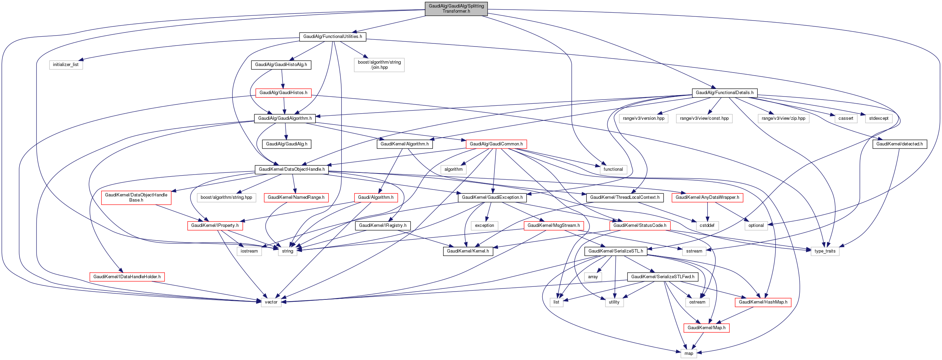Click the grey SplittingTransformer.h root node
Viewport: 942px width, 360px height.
[x=456, y=9]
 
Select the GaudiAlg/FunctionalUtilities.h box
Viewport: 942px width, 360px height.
[x=332, y=37]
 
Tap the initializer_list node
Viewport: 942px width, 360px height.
[x=66, y=65]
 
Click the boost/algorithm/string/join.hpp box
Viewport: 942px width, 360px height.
[x=379, y=65]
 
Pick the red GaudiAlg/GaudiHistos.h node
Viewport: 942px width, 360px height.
[x=283, y=93]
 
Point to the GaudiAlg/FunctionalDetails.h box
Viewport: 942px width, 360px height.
[x=725, y=93]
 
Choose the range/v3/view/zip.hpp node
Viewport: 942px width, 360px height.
[x=783, y=118]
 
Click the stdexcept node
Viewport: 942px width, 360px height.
[x=879, y=118]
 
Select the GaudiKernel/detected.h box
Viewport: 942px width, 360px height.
[x=899, y=144]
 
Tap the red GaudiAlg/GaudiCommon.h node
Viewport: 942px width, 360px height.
[x=496, y=144]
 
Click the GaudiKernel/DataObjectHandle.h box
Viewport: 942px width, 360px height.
[x=291, y=169]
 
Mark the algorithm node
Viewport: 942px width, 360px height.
[x=453, y=169]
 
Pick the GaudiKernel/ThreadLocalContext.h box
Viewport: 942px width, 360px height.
[x=625, y=197]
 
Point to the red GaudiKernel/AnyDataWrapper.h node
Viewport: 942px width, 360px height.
[x=707, y=197]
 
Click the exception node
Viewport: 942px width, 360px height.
[x=484, y=226]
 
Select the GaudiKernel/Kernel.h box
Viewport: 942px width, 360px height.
[x=468, y=251]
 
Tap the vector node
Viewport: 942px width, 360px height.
[x=271, y=302]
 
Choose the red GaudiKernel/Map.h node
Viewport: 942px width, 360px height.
[x=706, y=328]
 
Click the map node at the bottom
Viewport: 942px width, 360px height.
[x=689, y=354]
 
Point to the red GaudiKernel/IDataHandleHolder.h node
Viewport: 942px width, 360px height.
[x=127, y=277]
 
